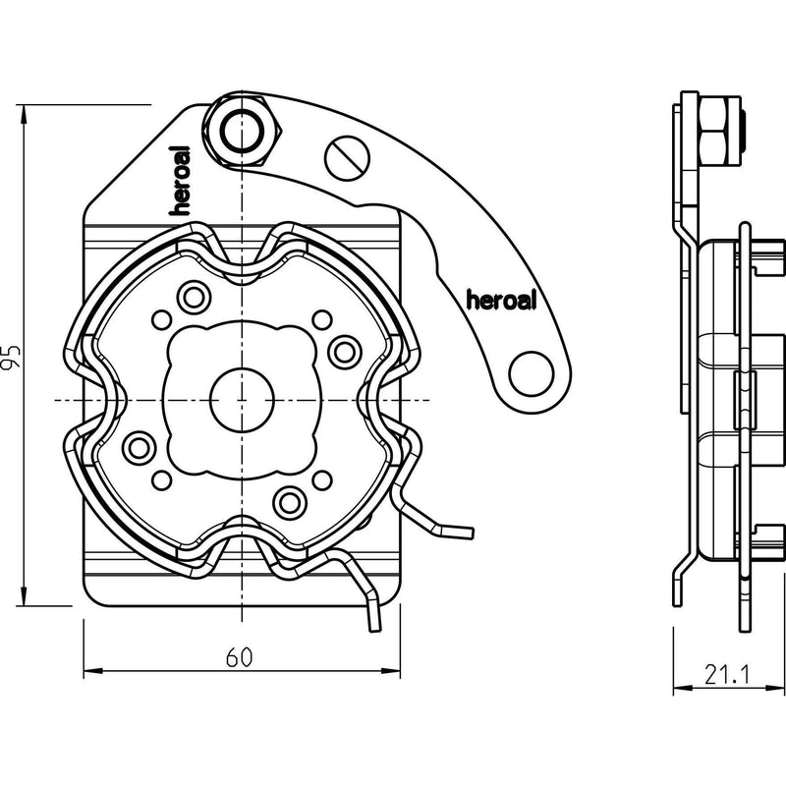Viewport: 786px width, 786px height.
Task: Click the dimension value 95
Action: [11, 357]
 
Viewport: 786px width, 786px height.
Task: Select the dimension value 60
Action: [239, 657]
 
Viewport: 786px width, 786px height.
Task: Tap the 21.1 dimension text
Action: [727, 675]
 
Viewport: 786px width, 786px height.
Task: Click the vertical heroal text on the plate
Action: [181, 181]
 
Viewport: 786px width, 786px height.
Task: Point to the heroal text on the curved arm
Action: [501, 300]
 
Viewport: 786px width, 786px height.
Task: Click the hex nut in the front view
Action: [243, 131]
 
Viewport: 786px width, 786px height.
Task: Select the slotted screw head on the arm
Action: [348, 157]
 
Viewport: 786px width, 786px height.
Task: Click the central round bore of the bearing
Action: [242, 400]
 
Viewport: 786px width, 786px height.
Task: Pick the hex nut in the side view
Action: [717, 132]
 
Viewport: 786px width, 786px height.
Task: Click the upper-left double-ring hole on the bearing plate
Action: [194, 298]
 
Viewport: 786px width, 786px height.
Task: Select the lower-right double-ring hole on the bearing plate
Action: [290, 502]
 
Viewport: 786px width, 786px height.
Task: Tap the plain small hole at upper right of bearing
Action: [322, 320]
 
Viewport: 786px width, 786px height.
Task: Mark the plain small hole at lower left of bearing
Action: [161, 480]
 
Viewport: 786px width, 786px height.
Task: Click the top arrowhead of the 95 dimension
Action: [23, 114]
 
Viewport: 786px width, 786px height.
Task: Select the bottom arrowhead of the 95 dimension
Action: [23, 596]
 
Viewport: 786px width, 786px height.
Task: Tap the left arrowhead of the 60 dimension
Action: [92, 671]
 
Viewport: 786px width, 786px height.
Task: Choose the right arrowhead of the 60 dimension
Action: [391, 671]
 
